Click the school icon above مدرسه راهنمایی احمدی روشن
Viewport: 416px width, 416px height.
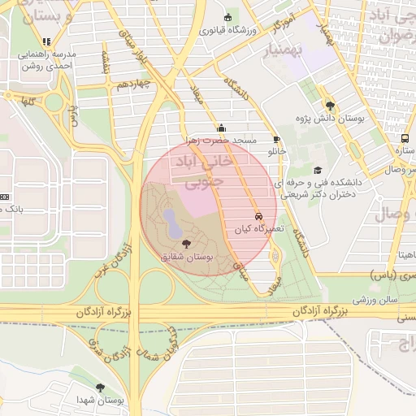coord(47,41)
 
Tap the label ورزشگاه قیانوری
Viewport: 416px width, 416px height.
coord(227,30)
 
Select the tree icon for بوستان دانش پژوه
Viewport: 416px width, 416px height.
coord(329,105)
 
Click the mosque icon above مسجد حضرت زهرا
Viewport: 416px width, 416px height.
coord(221,128)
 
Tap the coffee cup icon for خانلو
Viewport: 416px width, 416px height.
coord(276,139)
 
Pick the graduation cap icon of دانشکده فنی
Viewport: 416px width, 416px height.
coord(317,170)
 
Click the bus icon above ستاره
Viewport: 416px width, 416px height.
coord(405,139)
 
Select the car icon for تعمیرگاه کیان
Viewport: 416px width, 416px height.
coord(258,217)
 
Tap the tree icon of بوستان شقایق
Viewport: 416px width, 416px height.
coord(187,243)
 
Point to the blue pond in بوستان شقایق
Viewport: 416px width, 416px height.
coord(172,219)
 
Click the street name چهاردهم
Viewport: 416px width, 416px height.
coord(133,84)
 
